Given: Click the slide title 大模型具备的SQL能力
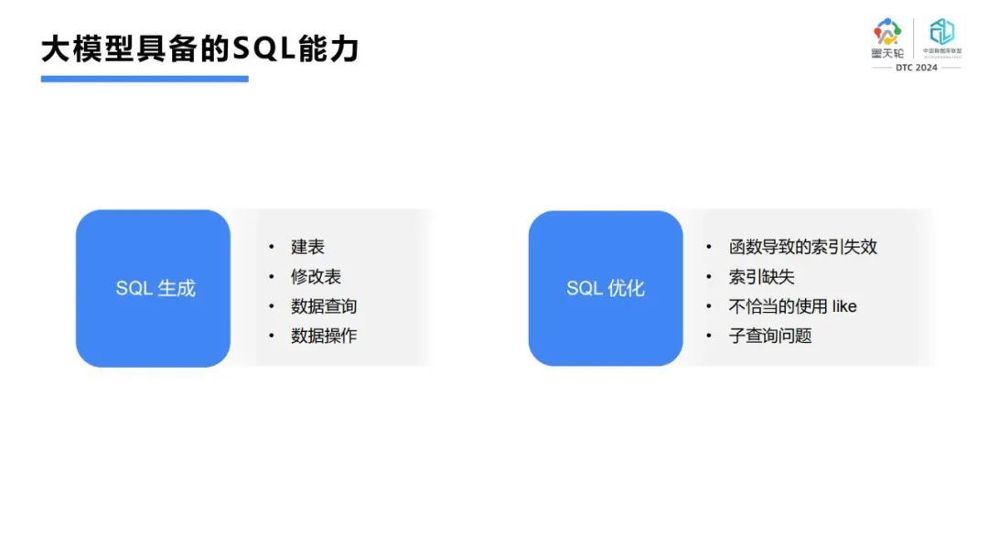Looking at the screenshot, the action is click(x=199, y=48).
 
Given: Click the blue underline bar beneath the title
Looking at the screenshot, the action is click(x=145, y=79).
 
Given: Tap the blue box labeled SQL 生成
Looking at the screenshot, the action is click(x=154, y=288).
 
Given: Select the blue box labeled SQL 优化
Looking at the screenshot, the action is click(x=606, y=288).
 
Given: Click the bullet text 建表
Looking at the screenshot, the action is click(x=307, y=247).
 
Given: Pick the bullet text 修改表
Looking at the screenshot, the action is click(x=316, y=276).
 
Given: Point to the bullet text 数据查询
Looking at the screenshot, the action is click(x=324, y=306).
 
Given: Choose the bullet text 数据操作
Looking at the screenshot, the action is click(x=324, y=336).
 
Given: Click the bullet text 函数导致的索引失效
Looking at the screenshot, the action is click(x=802, y=247).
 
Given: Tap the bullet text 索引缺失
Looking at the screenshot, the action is click(x=761, y=276).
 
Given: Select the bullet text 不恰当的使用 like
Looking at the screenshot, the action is click(x=792, y=306).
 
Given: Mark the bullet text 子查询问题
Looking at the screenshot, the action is click(x=769, y=336).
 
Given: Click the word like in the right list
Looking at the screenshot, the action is click(x=844, y=306).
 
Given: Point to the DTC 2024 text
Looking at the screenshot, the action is click(x=916, y=68).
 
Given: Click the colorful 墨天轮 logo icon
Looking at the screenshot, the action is click(x=887, y=32).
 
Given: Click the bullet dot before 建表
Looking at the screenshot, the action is click(x=272, y=247).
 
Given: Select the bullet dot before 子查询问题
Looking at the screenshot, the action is click(x=709, y=336).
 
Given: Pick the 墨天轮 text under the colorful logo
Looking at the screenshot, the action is click(x=887, y=53).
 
